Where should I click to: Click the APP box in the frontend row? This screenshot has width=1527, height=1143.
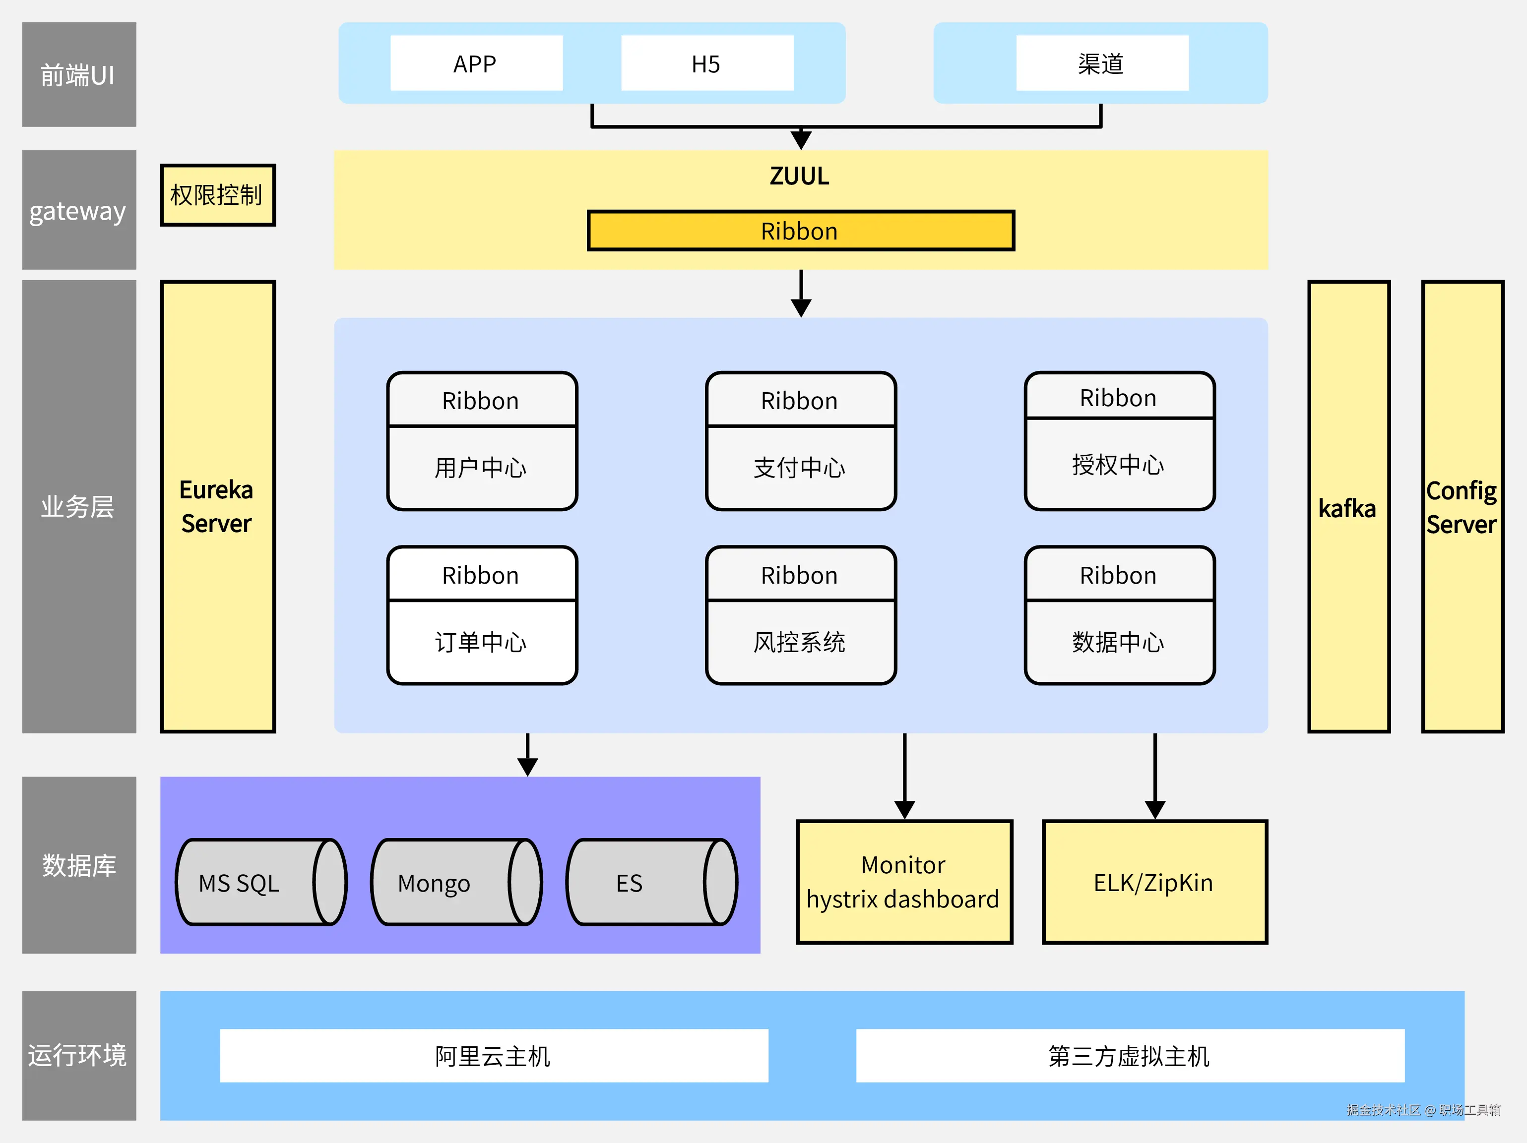(x=476, y=63)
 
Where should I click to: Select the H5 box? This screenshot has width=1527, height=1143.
(x=707, y=63)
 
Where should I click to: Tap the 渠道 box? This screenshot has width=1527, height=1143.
(x=1102, y=63)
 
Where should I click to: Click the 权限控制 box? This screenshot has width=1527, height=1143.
(x=217, y=195)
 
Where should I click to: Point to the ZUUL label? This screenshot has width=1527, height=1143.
(x=799, y=176)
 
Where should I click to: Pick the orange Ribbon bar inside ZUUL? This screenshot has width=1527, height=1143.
(x=800, y=231)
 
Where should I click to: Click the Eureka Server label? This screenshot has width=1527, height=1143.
(x=217, y=507)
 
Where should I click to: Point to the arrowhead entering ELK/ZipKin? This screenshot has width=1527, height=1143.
(x=1155, y=810)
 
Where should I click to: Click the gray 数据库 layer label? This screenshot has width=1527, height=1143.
(x=79, y=865)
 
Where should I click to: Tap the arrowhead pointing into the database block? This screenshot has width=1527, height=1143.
(x=527, y=767)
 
